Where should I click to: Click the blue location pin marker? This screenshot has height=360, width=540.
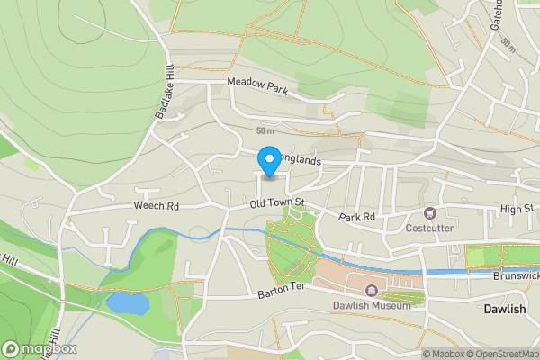click(x=268, y=159)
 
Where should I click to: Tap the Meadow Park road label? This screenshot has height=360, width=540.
click(x=256, y=83)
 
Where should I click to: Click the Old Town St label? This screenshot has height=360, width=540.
click(x=278, y=206)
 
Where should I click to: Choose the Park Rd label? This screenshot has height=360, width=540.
click(x=356, y=217)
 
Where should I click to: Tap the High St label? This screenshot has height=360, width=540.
click(x=517, y=209)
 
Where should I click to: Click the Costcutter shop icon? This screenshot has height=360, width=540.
click(x=428, y=213)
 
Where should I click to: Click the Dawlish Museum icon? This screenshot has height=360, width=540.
click(x=372, y=291)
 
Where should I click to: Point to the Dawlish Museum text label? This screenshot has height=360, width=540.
click(x=372, y=305)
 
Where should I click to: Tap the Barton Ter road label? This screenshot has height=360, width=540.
click(x=282, y=293)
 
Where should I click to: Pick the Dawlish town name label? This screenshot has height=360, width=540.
click(x=504, y=309)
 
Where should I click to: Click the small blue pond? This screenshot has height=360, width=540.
click(x=128, y=302)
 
